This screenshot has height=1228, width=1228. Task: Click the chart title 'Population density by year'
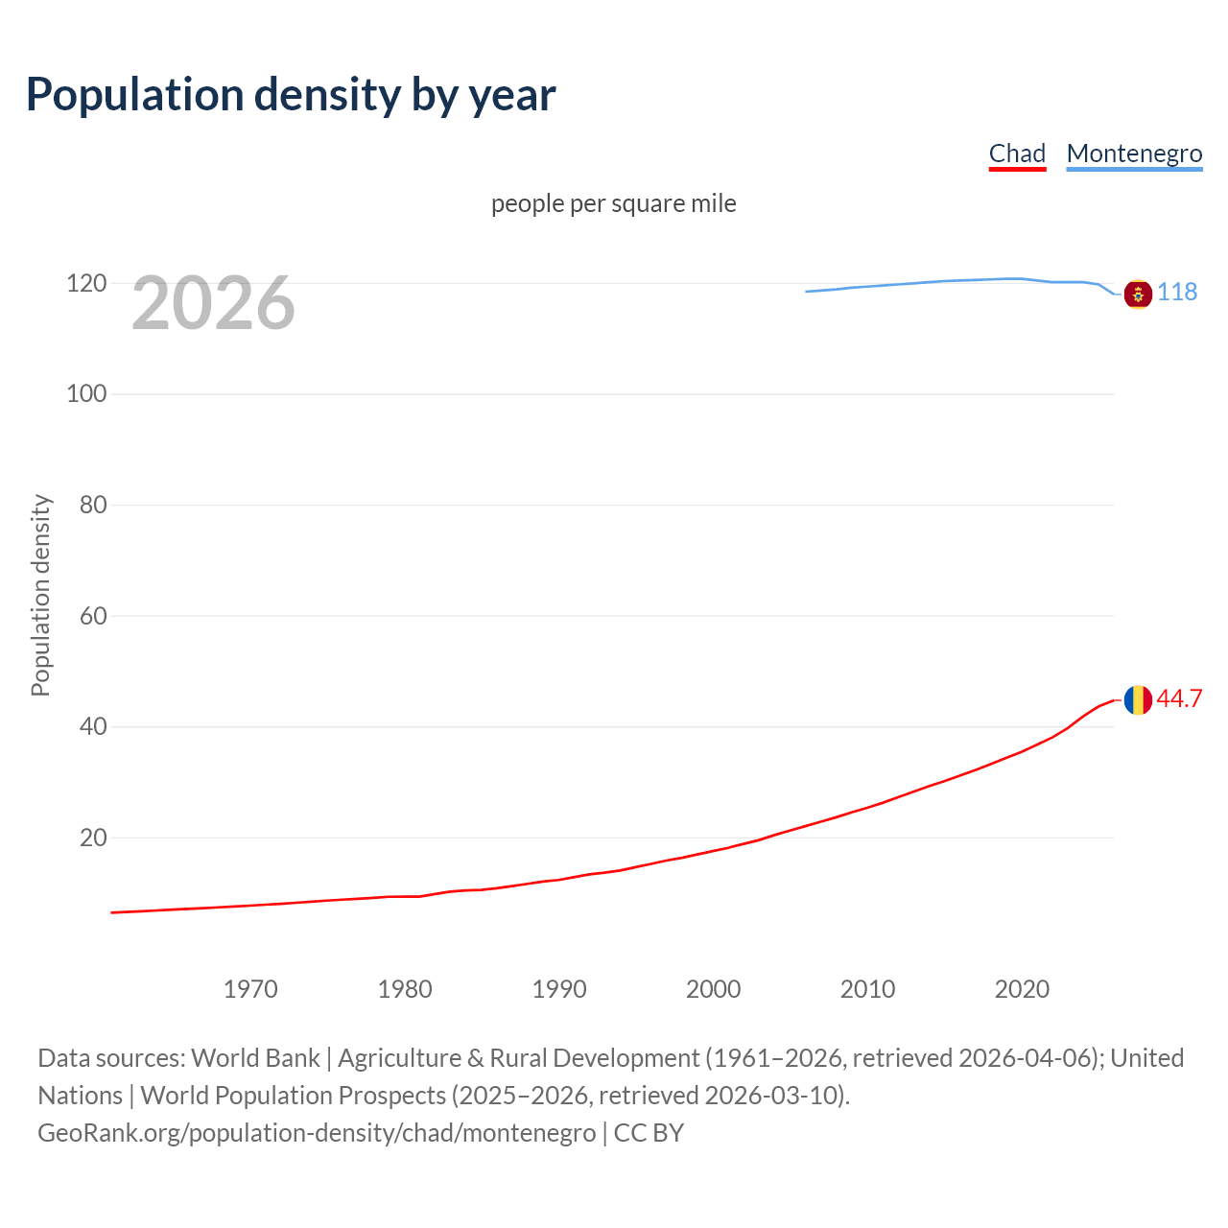point(291,95)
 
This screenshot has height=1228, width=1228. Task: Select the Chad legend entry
point(1017,153)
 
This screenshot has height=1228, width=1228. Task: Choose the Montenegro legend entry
point(1134,153)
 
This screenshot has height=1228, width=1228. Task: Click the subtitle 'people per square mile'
point(613,203)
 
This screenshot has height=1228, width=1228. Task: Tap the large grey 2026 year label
point(213,303)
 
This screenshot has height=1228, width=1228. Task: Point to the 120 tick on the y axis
point(86,283)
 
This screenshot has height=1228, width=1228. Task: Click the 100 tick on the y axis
point(86,393)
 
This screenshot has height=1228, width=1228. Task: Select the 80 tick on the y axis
point(93,505)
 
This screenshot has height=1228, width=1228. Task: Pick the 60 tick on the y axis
point(93,615)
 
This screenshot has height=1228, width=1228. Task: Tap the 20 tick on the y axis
point(93,838)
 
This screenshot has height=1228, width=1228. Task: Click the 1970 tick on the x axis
point(250,989)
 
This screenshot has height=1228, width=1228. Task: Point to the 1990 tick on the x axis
point(559,989)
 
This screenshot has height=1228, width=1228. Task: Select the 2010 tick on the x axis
point(867,989)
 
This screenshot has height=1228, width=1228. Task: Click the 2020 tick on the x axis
point(1022,989)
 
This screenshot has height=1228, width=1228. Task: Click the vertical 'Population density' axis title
point(40,595)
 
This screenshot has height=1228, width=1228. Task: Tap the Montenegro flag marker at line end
point(1138,294)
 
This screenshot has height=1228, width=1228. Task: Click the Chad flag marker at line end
point(1138,700)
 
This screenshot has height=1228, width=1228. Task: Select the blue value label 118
point(1177,292)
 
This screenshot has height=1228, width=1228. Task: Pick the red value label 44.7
point(1179,698)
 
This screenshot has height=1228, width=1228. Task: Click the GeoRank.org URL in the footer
point(317,1133)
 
